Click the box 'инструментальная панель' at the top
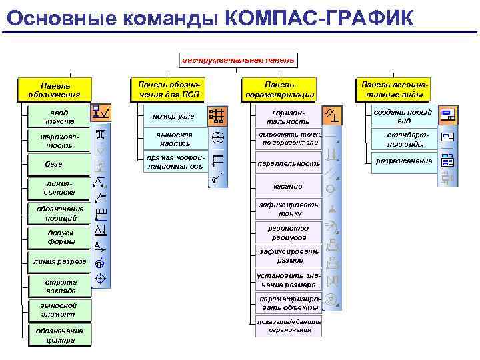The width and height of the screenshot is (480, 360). click(x=238, y=60)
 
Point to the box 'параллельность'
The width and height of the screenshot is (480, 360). click(x=289, y=163)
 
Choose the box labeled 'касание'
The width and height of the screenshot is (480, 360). click(x=288, y=186)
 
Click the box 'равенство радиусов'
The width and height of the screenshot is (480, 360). click(x=288, y=233)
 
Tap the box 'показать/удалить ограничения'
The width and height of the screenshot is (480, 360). click(x=289, y=326)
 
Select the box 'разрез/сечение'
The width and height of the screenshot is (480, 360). click(x=404, y=161)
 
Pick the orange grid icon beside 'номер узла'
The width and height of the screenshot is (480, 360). click(x=217, y=116)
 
